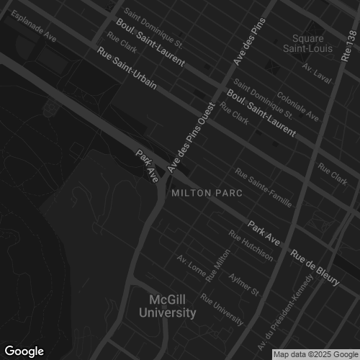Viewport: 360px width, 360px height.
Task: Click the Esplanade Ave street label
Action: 32,25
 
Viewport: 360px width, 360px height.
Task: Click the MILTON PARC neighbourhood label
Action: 205,194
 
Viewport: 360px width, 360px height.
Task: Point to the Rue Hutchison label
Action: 251,246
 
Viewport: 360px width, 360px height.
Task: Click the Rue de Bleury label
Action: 315,266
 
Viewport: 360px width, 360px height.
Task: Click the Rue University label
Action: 222,307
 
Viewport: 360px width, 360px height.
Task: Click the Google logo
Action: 24,351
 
